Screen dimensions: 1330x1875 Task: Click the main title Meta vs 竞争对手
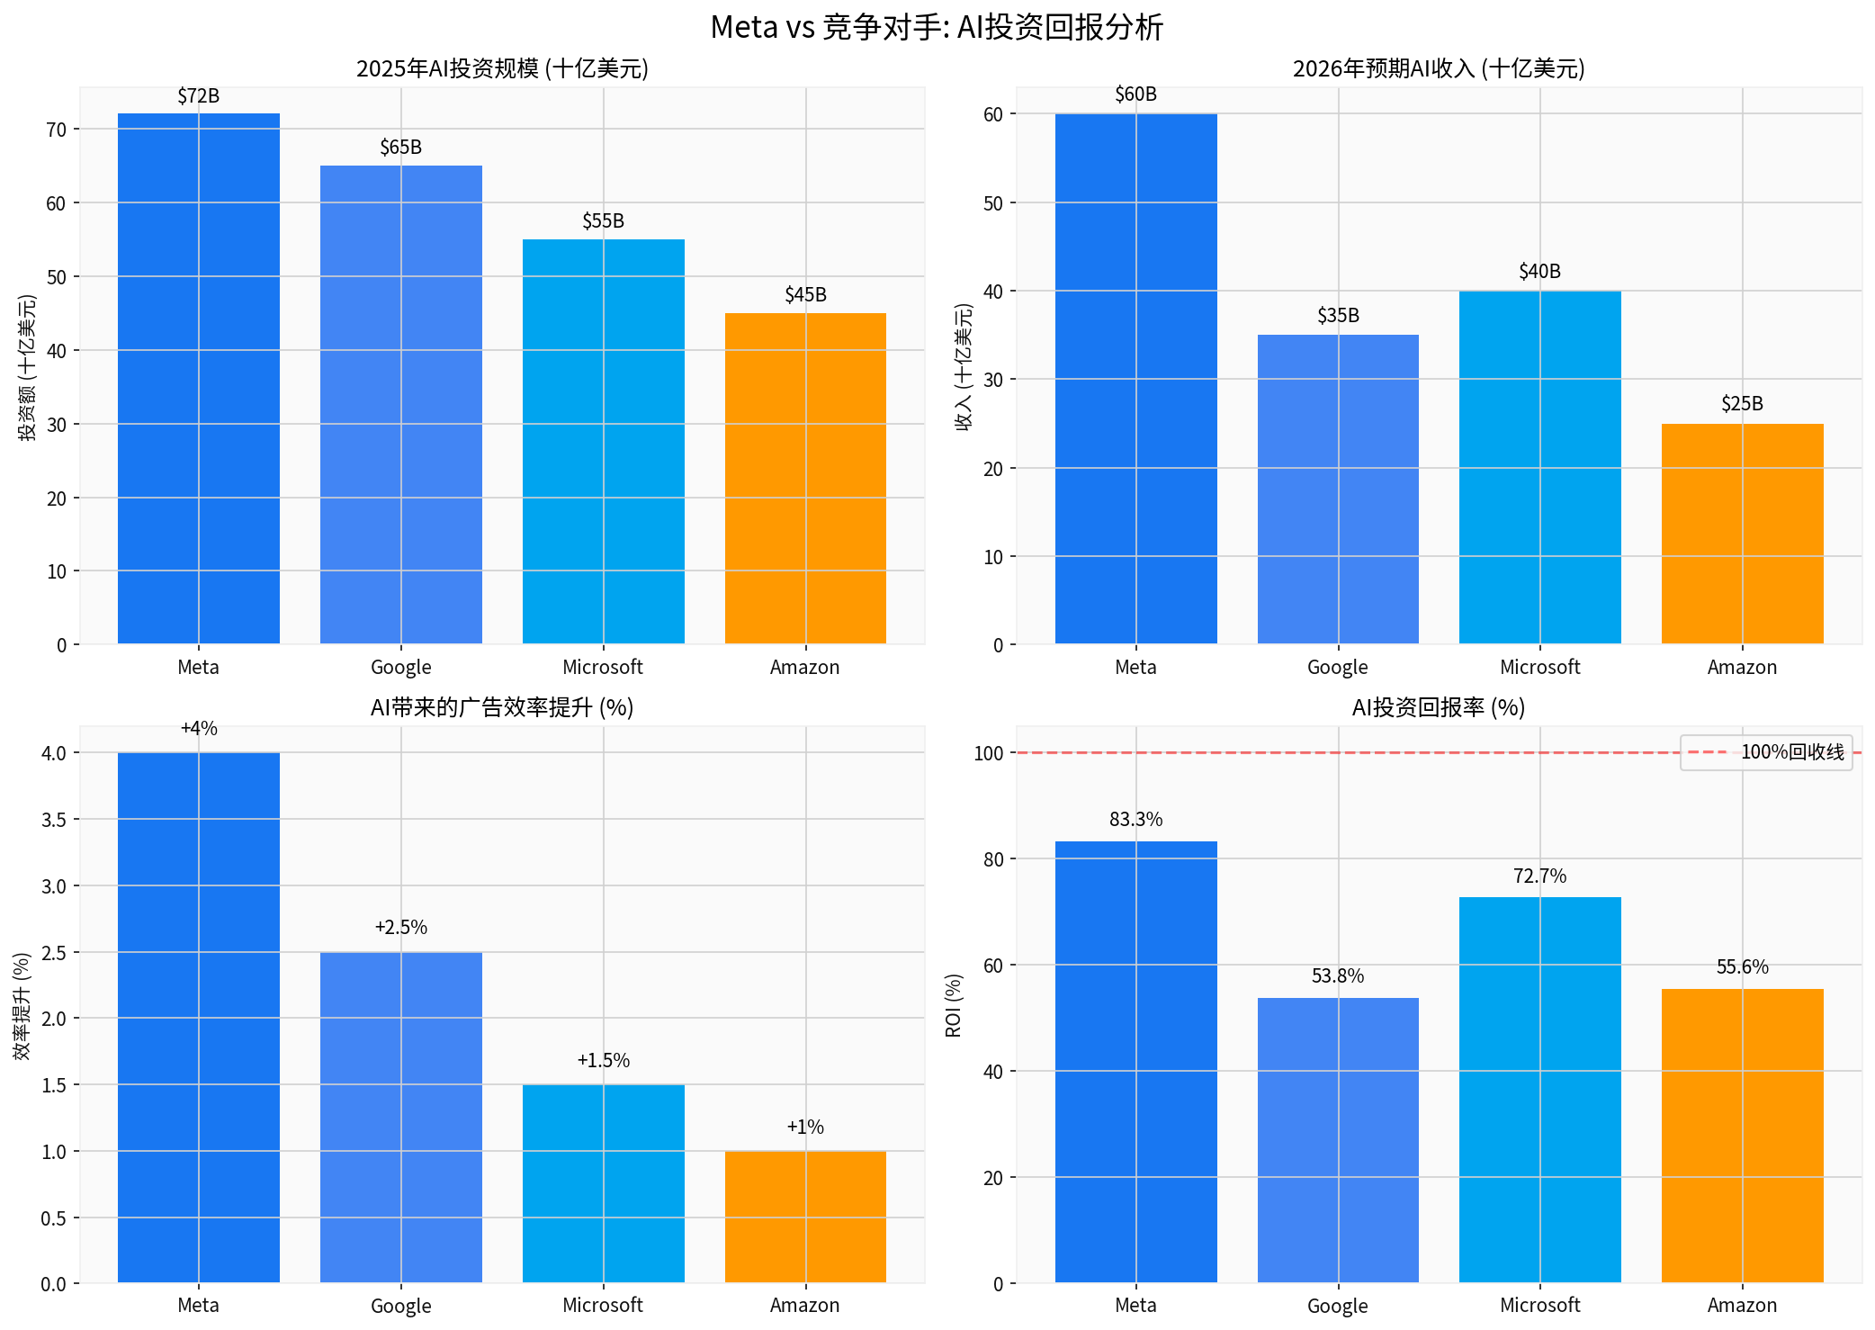[x=937, y=27]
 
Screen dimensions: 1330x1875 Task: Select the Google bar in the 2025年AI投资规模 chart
[x=400, y=405]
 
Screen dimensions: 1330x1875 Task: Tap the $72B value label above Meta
[x=198, y=96]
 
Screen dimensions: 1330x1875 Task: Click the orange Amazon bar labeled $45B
[x=805, y=477]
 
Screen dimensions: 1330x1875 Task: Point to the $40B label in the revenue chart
[x=1539, y=272]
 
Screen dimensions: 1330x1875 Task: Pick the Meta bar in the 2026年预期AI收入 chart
[x=1135, y=378]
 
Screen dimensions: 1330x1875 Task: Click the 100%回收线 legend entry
[x=1765, y=752]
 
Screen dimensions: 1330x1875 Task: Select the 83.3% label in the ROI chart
[x=1135, y=820]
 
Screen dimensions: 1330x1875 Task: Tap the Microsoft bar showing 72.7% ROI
[x=1539, y=1089]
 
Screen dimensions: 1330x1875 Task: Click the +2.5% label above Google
[x=400, y=928]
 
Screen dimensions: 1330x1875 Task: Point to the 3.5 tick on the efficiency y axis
[x=54, y=820]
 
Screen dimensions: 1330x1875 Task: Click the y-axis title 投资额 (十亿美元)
[x=29, y=367]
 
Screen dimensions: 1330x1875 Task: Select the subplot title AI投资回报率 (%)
[x=1438, y=708]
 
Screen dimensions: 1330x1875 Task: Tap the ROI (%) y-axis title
[x=954, y=1005]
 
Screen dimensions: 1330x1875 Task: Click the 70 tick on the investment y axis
[x=57, y=130]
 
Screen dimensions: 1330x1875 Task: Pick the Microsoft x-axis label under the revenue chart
[x=1539, y=668]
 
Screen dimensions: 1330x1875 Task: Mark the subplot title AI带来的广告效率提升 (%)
[x=501, y=708]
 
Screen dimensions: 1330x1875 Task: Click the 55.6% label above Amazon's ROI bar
[x=1742, y=967]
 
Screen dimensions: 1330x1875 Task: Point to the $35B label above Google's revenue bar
[x=1338, y=316]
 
